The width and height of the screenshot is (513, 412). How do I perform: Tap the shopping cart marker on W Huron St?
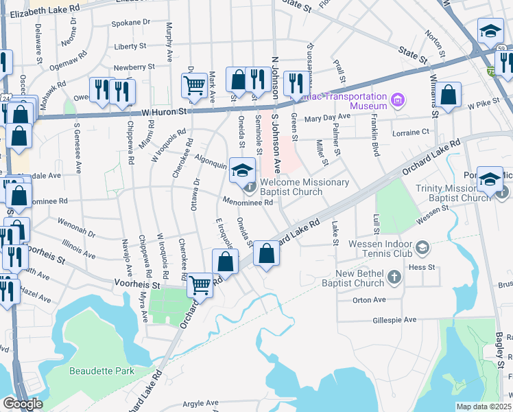coord(195,86)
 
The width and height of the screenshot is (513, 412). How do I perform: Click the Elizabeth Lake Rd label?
coord(46,10)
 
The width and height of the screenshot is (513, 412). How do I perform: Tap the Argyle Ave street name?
coord(198,403)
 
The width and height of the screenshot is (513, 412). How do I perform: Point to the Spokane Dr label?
coord(132,23)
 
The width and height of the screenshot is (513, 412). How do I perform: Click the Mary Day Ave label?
coord(327,117)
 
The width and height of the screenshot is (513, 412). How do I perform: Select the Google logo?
coord(22,404)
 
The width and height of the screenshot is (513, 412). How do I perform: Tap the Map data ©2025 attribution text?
coord(484,407)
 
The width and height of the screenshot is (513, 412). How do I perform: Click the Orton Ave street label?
coord(370,300)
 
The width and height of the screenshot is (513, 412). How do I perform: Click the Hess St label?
coord(422,266)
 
